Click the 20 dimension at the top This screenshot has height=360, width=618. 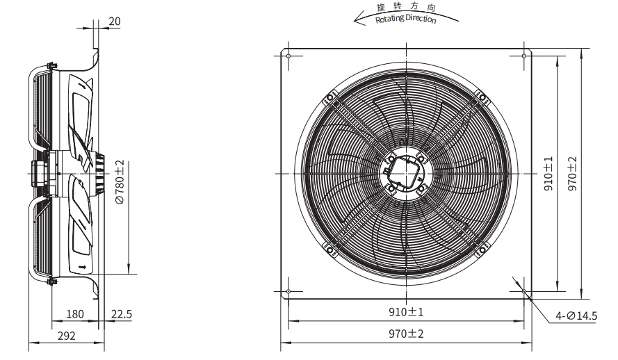(x=114, y=22)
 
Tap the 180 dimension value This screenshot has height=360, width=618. (x=75, y=314)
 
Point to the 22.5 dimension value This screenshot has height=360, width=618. (x=122, y=314)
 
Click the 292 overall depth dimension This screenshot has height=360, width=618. (x=66, y=336)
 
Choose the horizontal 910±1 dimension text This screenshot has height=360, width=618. (x=406, y=312)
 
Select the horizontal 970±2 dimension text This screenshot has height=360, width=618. (x=406, y=334)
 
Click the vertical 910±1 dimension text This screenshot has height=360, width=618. (x=548, y=174)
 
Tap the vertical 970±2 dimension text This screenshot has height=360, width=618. (x=572, y=174)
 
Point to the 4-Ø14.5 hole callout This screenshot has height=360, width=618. (x=576, y=316)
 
